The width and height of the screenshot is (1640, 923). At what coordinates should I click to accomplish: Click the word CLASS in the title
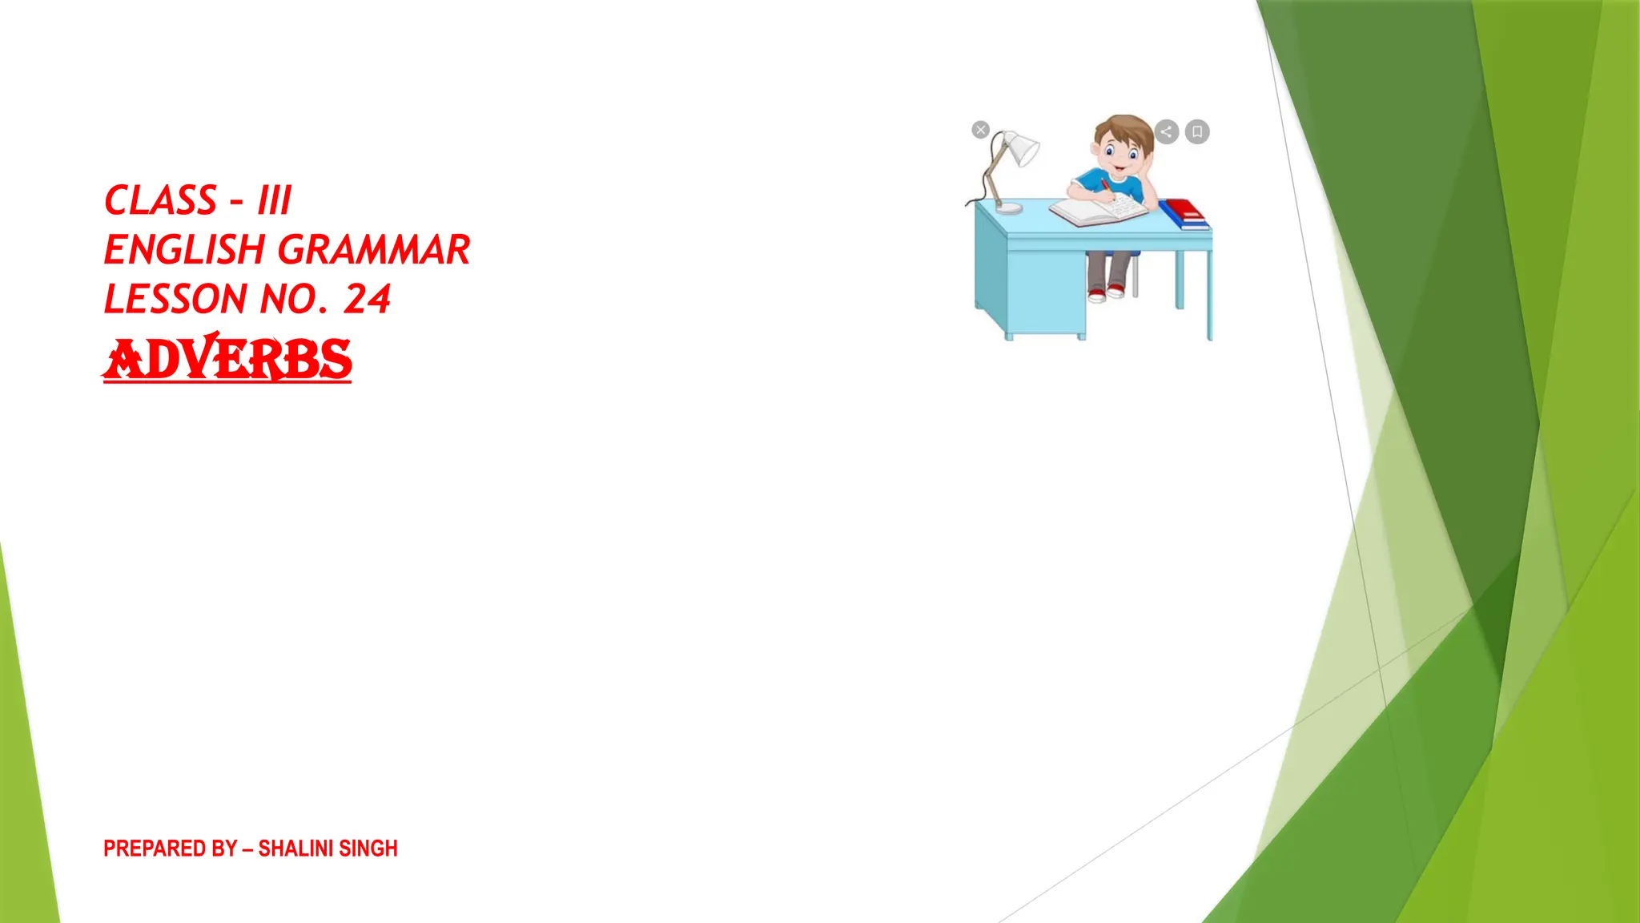tap(160, 200)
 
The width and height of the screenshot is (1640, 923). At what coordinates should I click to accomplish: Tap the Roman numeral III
tap(275, 200)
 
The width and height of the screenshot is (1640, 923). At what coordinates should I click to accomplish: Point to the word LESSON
tap(175, 300)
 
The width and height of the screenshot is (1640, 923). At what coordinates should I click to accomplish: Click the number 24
tap(367, 300)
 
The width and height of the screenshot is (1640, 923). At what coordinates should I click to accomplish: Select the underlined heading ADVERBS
tap(227, 360)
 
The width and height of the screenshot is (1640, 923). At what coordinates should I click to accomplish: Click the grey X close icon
tap(981, 130)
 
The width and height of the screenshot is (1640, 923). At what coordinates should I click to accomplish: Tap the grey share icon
tap(1167, 131)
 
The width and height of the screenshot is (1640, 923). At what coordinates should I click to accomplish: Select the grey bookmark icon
tap(1197, 131)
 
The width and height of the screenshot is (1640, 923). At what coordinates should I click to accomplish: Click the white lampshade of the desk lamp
tap(1021, 148)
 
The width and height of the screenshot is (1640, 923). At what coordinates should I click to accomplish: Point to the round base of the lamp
tap(1009, 208)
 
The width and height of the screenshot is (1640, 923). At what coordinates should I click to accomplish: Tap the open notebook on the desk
tap(1099, 211)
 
